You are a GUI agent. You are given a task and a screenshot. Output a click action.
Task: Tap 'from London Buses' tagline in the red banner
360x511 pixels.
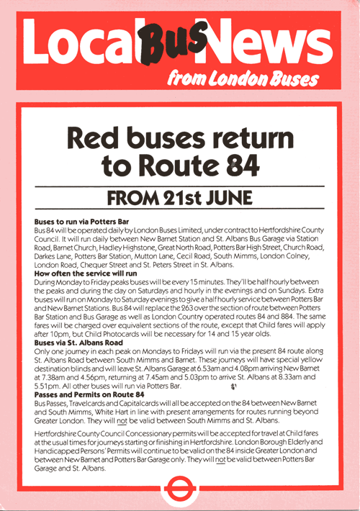(x=242, y=78)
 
